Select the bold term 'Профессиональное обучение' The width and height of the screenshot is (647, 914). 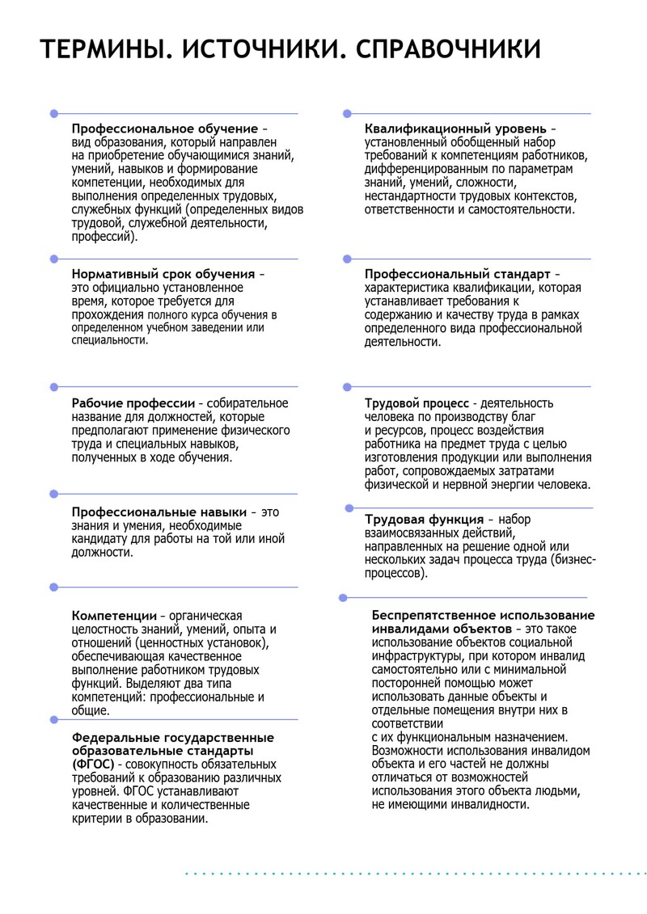(x=165, y=128)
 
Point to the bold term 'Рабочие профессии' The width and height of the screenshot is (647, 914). (x=133, y=402)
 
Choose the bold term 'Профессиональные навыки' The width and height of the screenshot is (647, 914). (x=158, y=512)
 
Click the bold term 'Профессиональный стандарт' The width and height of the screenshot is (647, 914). (x=458, y=274)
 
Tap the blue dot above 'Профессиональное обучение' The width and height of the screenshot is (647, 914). (x=53, y=114)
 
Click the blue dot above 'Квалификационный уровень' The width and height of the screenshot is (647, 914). (x=347, y=114)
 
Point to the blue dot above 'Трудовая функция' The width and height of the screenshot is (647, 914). (x=349, y=508)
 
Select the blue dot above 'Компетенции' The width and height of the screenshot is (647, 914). (x=53, y=587)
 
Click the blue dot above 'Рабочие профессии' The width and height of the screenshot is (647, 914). (x=53, y=387)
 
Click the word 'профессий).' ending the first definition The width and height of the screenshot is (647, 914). (x=105, y=238)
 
